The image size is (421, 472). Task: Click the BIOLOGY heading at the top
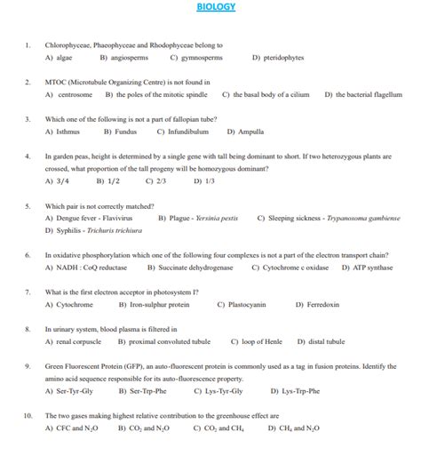click(x=216, y=8)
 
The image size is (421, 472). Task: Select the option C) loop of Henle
click(x=257, y=341)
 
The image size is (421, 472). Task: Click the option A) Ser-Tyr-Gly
click(x=68, y=390)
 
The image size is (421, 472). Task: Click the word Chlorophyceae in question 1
click(x=70, y=44)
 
